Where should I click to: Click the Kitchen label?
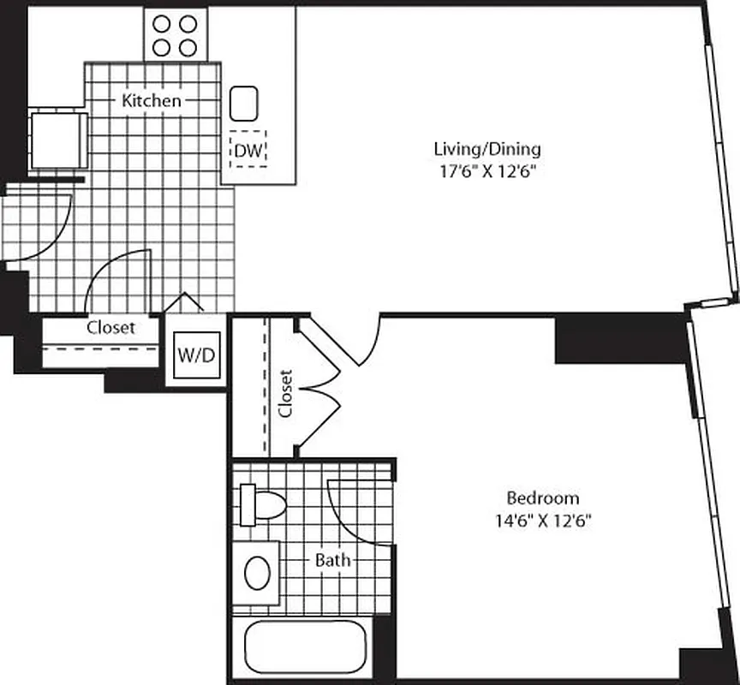(x=152, y=101)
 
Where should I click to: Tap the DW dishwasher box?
(x=248, y=150)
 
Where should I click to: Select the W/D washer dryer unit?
(x=196, y=355)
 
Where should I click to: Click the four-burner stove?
(x=176, y=34)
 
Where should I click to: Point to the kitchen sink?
(x=245, y=103)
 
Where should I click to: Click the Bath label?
(x=332, y=561)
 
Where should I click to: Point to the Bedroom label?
(x=542, y=497)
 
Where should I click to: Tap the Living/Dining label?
(x=487, y=149)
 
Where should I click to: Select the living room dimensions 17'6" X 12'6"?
(x=487, y=170)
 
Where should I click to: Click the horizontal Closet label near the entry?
(x=110, y=327)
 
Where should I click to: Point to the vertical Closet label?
(x=285, y=393)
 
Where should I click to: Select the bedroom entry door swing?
(x=364, y=342)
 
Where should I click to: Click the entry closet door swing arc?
(x=120, y=278)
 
